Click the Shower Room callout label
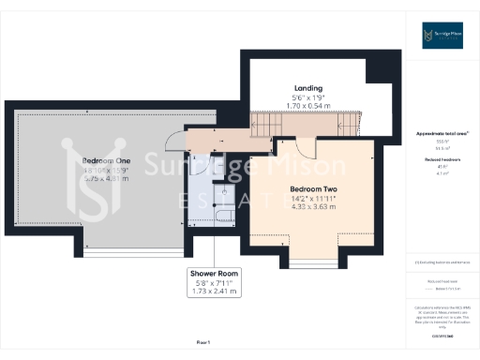pyautogui.click(x=216, y=274)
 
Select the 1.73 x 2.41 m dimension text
pyautogui.click(x=216, y=292)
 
